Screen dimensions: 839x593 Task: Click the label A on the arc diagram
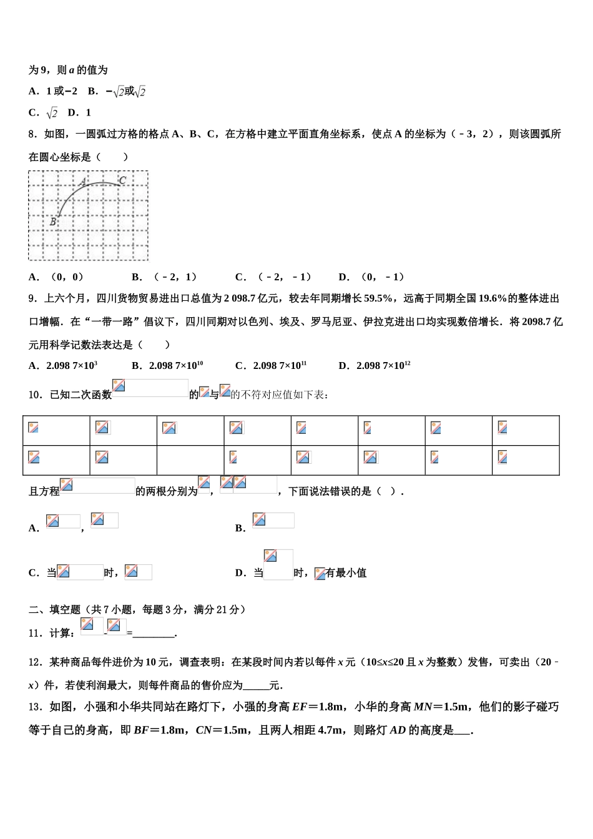(82, 182)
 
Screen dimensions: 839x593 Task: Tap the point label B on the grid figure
(53, 222)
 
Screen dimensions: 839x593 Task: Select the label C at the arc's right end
(122, 180)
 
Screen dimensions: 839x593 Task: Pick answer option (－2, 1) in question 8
(165, 277)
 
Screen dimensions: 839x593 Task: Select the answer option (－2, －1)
(274, 277)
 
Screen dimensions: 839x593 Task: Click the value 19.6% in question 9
(493, 299)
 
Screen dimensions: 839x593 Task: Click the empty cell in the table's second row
(190, 461)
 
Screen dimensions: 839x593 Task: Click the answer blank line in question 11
(154, 634)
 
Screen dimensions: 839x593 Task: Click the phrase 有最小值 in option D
(346, 573)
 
